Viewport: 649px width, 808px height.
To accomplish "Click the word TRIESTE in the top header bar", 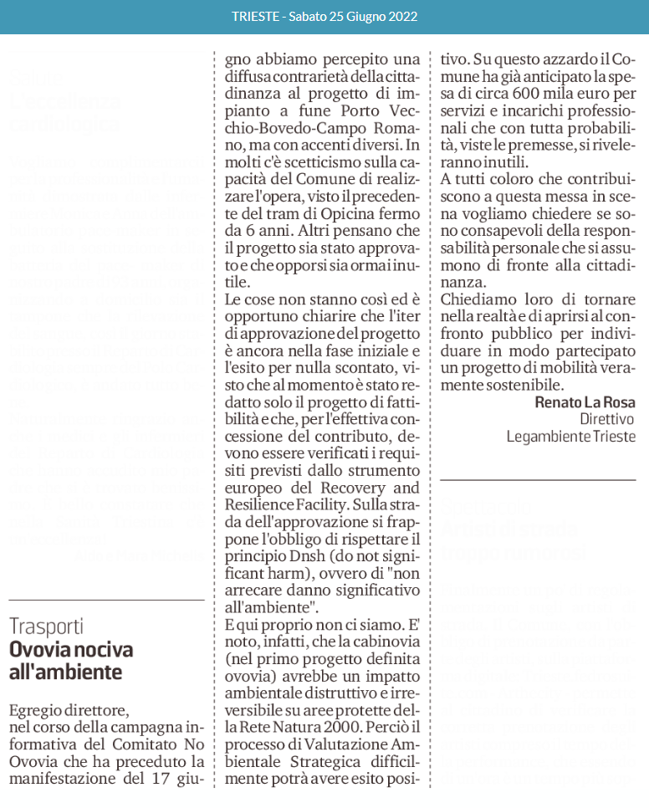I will tap(256, 16).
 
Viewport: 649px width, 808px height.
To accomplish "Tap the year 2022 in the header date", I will tap(401, 16).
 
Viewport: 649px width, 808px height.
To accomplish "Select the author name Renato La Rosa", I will tap(585, 401).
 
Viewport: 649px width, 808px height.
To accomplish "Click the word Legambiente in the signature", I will tap(548, 437).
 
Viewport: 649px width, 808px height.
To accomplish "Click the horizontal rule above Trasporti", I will tap(106, 600).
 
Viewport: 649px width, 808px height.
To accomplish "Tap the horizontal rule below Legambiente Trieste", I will tap(538, 480).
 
